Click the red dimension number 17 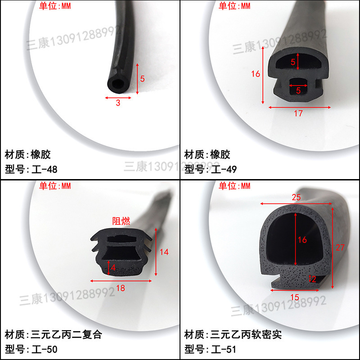click(298, 113)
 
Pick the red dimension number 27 click(341, 247)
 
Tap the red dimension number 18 click(121, 288)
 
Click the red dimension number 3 click(118, 103)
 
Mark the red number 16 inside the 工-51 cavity click(302, 240)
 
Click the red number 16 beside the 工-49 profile click(256, 74)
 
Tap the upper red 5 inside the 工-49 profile click(293, 63)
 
